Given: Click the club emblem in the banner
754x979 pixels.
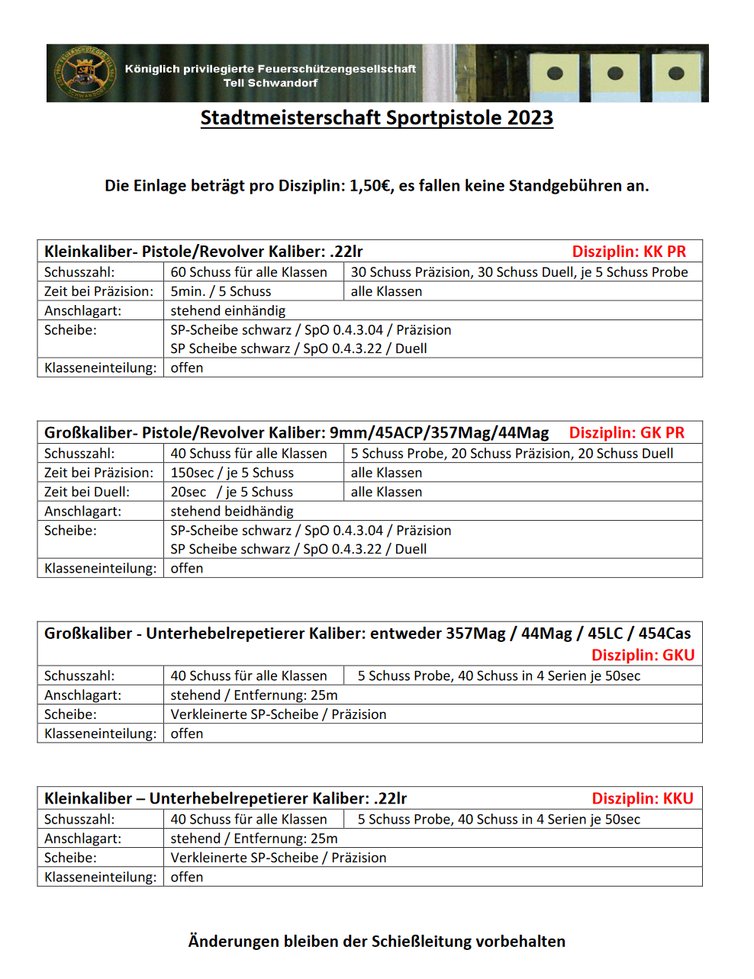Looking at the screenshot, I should click(x=85, y=73).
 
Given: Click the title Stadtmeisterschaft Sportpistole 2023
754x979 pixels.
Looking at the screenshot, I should click(x=376, y=118).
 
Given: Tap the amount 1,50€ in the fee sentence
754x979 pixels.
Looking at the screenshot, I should click(x=369, y=186).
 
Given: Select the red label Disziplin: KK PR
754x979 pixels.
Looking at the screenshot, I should click(x=629, y=252).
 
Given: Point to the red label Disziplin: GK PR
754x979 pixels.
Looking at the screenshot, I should click(x=627, y=433).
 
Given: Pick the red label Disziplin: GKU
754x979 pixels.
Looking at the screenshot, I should click(x=643, y=655).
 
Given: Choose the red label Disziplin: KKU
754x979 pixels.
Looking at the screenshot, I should click(x=643, y=798).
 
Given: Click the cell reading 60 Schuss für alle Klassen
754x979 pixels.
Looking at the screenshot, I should click(x=249, y=272).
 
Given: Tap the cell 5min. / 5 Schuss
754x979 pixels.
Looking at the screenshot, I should click(x=221, y=291).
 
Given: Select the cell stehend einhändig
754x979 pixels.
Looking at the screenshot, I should click(x=228, y=310).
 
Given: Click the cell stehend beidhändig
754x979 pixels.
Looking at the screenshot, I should click(x=232, y=511).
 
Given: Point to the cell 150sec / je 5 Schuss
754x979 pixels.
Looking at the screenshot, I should click(x=232, y=473).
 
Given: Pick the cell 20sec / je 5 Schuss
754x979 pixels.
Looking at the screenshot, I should click(x=232, y=492).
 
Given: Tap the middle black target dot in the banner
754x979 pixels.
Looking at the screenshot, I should click(x=615, y=74).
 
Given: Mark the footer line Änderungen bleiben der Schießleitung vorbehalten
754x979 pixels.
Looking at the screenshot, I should click(x=377, y=942).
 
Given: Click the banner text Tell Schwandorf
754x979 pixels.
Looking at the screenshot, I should click(x=270, y=83).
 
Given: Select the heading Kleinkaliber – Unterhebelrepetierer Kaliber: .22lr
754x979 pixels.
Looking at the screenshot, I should click(x=225, y=798).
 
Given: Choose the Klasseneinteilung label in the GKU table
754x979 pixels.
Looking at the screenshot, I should click(x=101, y=733).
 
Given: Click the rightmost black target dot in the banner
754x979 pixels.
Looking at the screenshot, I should click(x=675, y=74).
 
